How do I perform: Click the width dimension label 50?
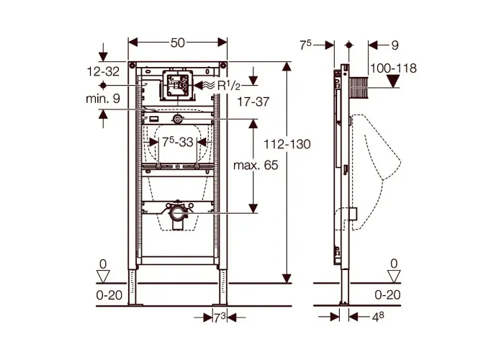coord(177,42)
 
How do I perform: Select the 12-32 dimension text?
coord(103,71)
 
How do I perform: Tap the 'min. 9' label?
coord(103,99)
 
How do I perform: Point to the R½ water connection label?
coord(228,86)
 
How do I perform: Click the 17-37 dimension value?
coord(253,102)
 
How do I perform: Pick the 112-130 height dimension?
coord(287,144)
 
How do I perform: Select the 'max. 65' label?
coord(256,165)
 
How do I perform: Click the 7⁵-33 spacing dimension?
coord(177,142)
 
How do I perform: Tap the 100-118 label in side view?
coord(393,68)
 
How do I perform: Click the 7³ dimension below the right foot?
coord(220,318)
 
